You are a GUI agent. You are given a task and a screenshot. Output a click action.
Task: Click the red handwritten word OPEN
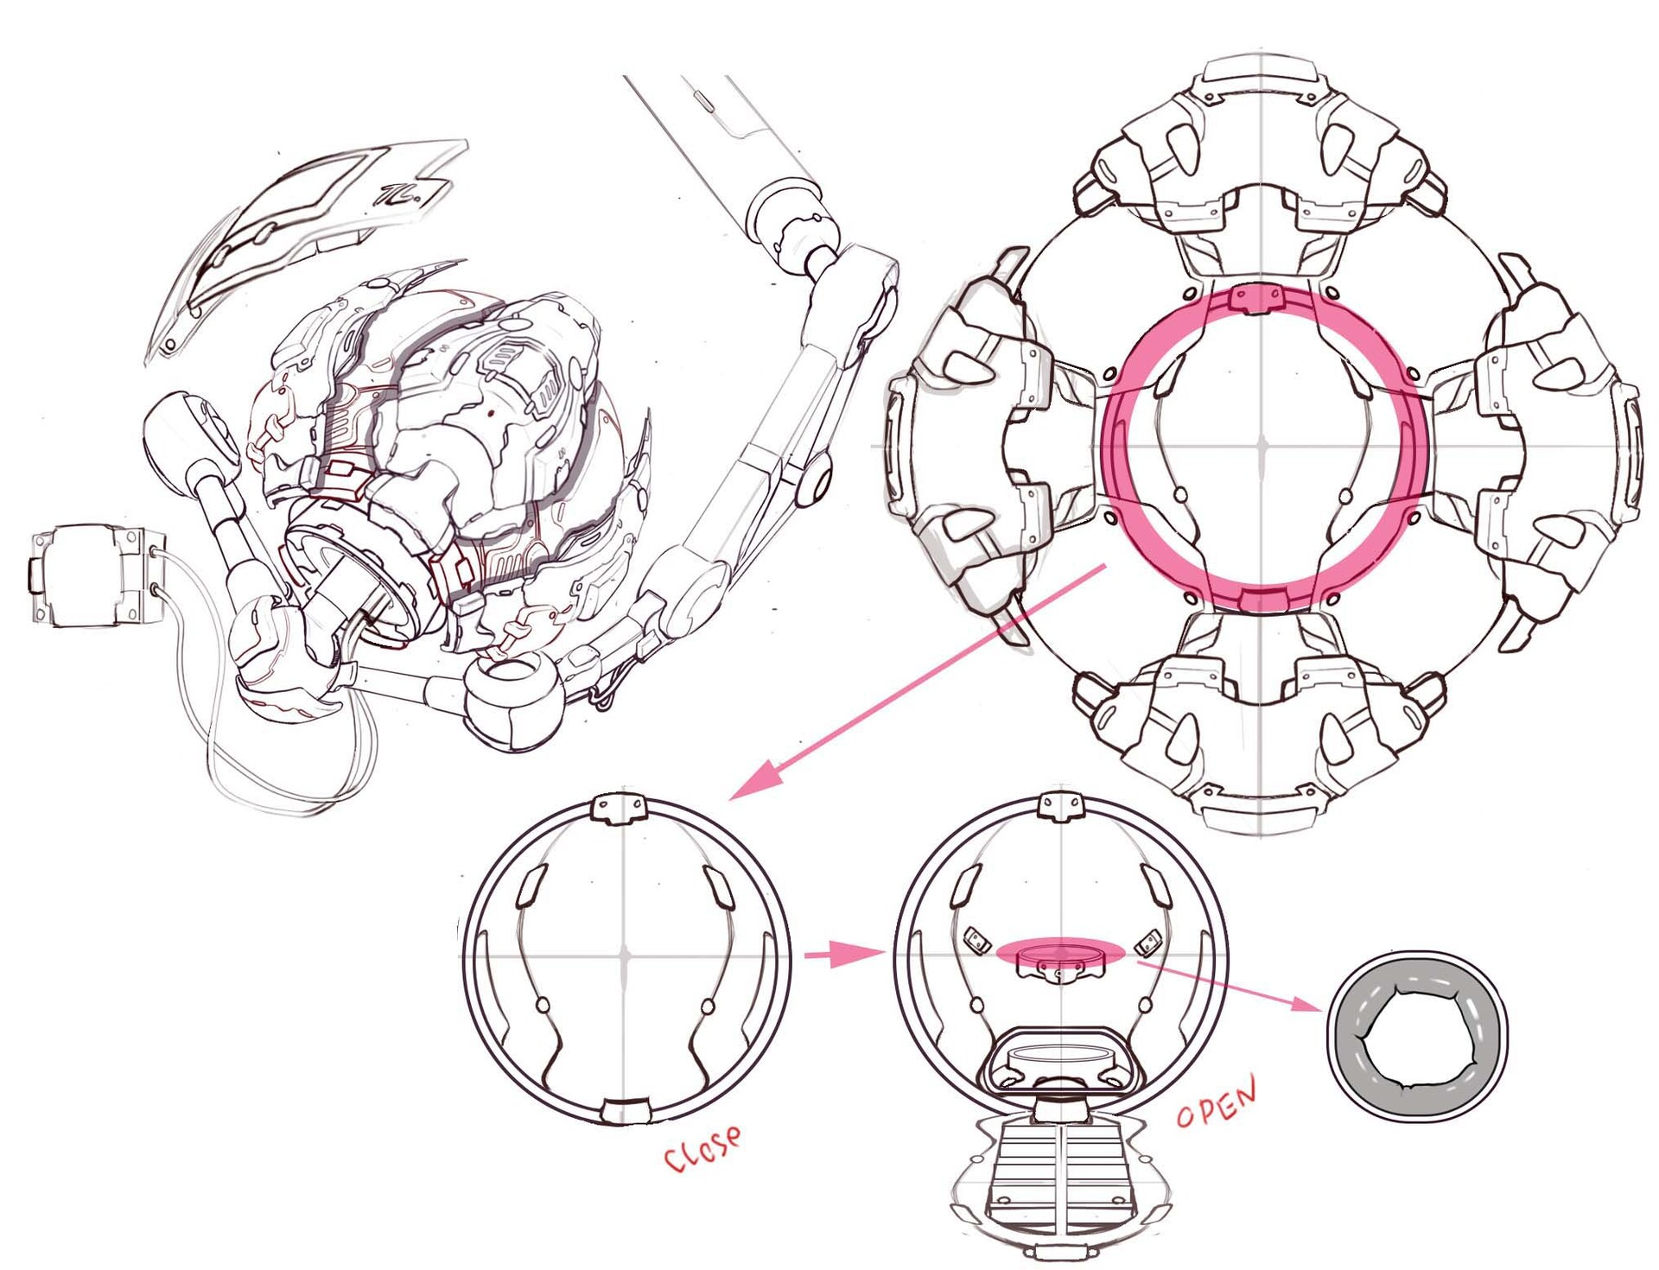1217,1102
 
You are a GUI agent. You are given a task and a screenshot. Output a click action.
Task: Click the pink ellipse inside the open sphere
1060,950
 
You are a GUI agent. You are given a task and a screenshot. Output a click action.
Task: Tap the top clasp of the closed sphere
619,806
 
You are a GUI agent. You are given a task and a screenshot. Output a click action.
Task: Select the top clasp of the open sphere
1059,805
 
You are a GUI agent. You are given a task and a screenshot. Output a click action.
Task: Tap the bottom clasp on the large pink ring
1262,600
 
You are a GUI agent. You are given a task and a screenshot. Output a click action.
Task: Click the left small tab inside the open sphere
976,940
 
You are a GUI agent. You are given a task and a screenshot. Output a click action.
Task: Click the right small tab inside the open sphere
1148,940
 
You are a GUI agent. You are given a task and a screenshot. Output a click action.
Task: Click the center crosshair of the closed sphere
625,955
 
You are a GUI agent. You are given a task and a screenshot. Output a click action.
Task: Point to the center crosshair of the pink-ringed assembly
1262,447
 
